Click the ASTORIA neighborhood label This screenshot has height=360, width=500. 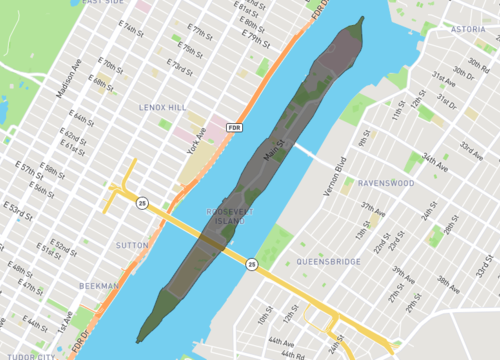467,30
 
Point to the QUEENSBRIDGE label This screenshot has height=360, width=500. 329,262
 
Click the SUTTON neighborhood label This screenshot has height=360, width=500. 132,244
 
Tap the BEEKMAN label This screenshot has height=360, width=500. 99,286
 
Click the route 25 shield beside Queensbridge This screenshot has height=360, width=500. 252,264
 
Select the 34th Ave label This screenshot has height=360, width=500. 435,160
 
